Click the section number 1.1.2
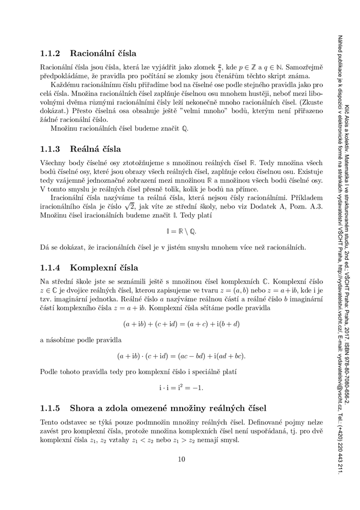(x=50, y=53)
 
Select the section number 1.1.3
(x=50, y=149)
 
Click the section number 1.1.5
(x=50, y=409)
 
